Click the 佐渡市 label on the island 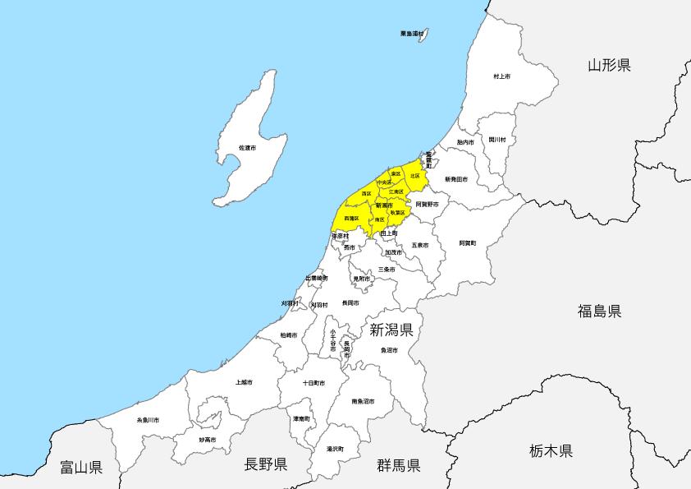247,147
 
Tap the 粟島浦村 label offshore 412,34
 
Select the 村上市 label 501,76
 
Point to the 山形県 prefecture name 609,66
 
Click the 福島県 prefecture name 599,311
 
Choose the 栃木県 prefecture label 551,450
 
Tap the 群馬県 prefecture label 398,465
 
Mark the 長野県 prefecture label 266,464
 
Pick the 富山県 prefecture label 81,468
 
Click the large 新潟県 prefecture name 391,330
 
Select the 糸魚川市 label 149,420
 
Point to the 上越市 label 244,382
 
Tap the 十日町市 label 313,383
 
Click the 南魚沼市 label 363,401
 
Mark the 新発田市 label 456,178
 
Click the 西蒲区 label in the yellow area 351,218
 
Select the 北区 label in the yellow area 414,175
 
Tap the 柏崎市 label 289,335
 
